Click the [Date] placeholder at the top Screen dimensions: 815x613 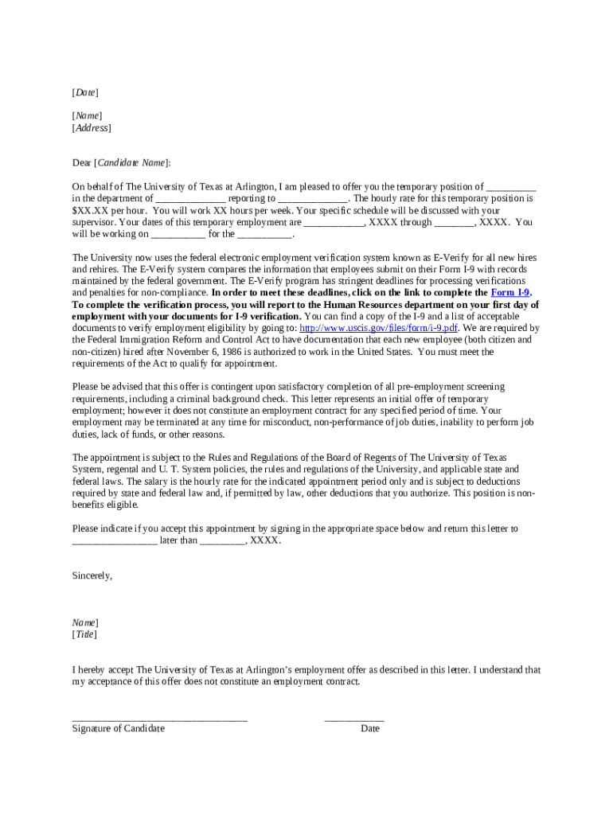(x=85, y=93)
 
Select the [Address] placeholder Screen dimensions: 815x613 (x=92, y=127)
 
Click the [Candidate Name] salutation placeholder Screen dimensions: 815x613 (x=132, y=162)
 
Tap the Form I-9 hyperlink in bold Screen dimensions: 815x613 (x=510, y=293)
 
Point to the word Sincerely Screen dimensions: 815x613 (x=92, y=575)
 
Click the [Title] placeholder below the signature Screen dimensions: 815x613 (x=84, y=634)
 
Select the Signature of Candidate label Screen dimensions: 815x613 (x=119, y=728)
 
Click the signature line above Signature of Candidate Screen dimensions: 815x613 (x=159, y=719)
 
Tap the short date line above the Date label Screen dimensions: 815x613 (x=353, y=719)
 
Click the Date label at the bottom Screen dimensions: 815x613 (x=369, y=728)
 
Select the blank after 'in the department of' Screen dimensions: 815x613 (x=190, y=199)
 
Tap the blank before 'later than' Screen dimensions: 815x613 (x=115, y=540)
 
